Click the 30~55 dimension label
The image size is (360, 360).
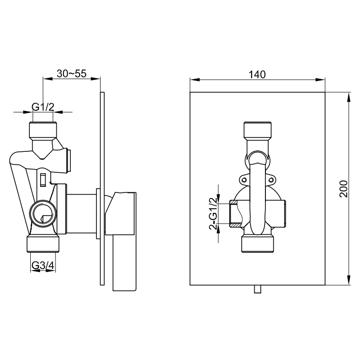(71, 74)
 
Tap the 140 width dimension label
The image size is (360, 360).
(257, 75)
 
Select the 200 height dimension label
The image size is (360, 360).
(344, 189)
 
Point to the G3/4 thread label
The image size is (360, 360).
(43, 265)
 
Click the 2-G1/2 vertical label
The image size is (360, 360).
(213, 213)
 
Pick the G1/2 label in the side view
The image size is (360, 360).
(43, 107)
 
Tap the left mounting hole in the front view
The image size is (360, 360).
(244, 180)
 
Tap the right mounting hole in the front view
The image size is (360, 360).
(271, 180)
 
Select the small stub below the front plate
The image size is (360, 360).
(258, 289)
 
